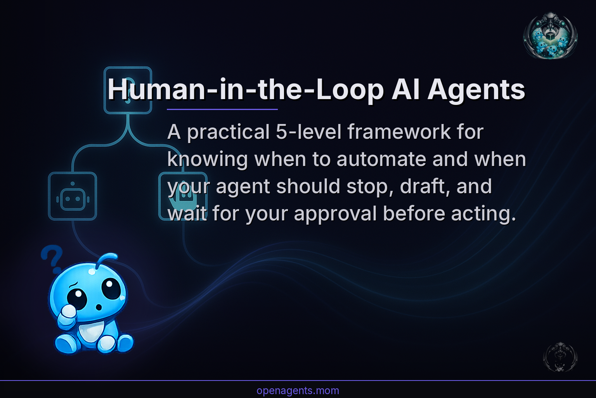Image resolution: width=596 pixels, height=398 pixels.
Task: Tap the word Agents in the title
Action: [476, 90]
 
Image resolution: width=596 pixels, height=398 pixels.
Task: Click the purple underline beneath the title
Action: [222, 110]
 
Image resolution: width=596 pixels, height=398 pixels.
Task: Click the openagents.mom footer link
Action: [298, 391]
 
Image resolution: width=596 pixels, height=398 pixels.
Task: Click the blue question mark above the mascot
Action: [52, 258]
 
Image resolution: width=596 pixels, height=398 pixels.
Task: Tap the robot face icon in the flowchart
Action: [73, 197]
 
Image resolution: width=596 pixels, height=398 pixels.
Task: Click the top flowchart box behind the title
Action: [128, 90]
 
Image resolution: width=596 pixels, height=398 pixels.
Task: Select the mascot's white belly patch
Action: [91, 330]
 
